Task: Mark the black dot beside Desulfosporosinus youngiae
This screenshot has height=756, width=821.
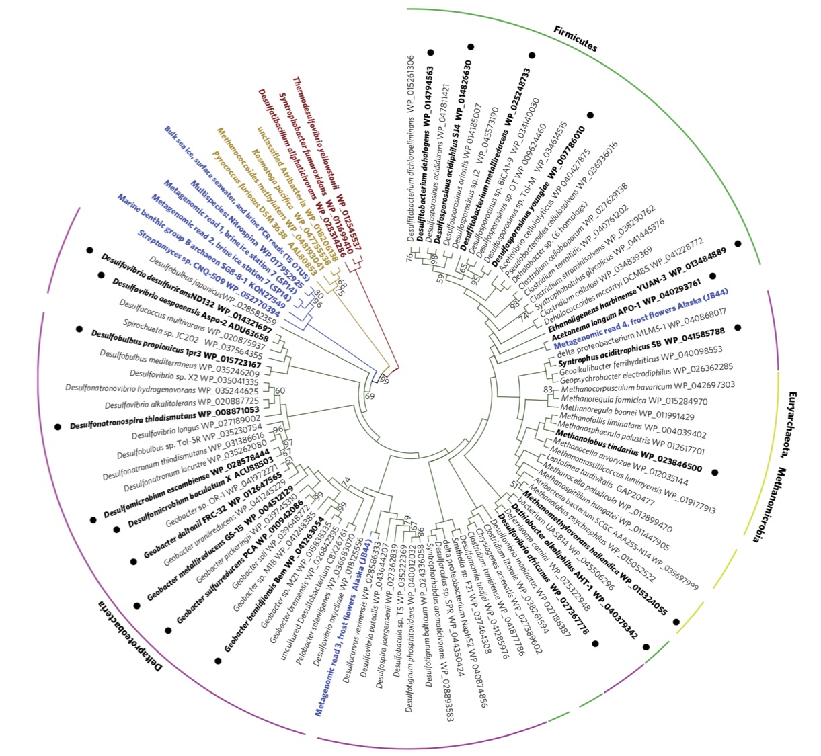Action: [x=590, y=115]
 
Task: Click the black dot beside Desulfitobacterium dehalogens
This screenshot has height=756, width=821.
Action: [x=431, y=52]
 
